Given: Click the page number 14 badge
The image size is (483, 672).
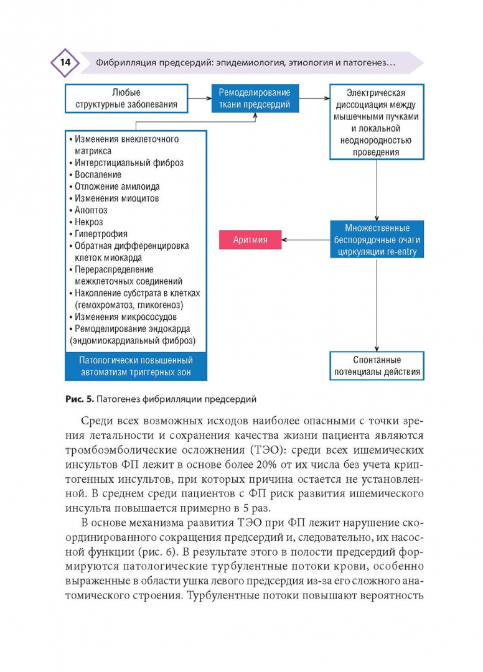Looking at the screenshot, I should [65, 62].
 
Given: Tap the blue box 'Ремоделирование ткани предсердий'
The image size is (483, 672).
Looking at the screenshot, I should [254, 98].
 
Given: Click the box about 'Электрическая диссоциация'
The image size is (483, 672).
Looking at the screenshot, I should [377, 122].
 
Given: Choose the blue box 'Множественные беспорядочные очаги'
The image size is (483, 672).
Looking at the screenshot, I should [377, 240].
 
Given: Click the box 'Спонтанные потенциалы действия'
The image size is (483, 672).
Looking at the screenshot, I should [377, 366].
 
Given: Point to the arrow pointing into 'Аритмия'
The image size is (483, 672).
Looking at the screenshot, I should [305, 239].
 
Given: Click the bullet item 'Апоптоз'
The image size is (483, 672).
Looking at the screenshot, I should [91, 210].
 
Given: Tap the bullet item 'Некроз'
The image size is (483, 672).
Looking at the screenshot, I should [89, 222].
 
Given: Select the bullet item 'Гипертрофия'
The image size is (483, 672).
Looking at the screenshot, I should [101, 234].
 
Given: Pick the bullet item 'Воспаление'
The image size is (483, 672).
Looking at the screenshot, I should [98, 175].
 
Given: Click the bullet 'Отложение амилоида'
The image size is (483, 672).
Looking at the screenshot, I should [117, 187].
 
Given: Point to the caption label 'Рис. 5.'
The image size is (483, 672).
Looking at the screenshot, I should [78, 399].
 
